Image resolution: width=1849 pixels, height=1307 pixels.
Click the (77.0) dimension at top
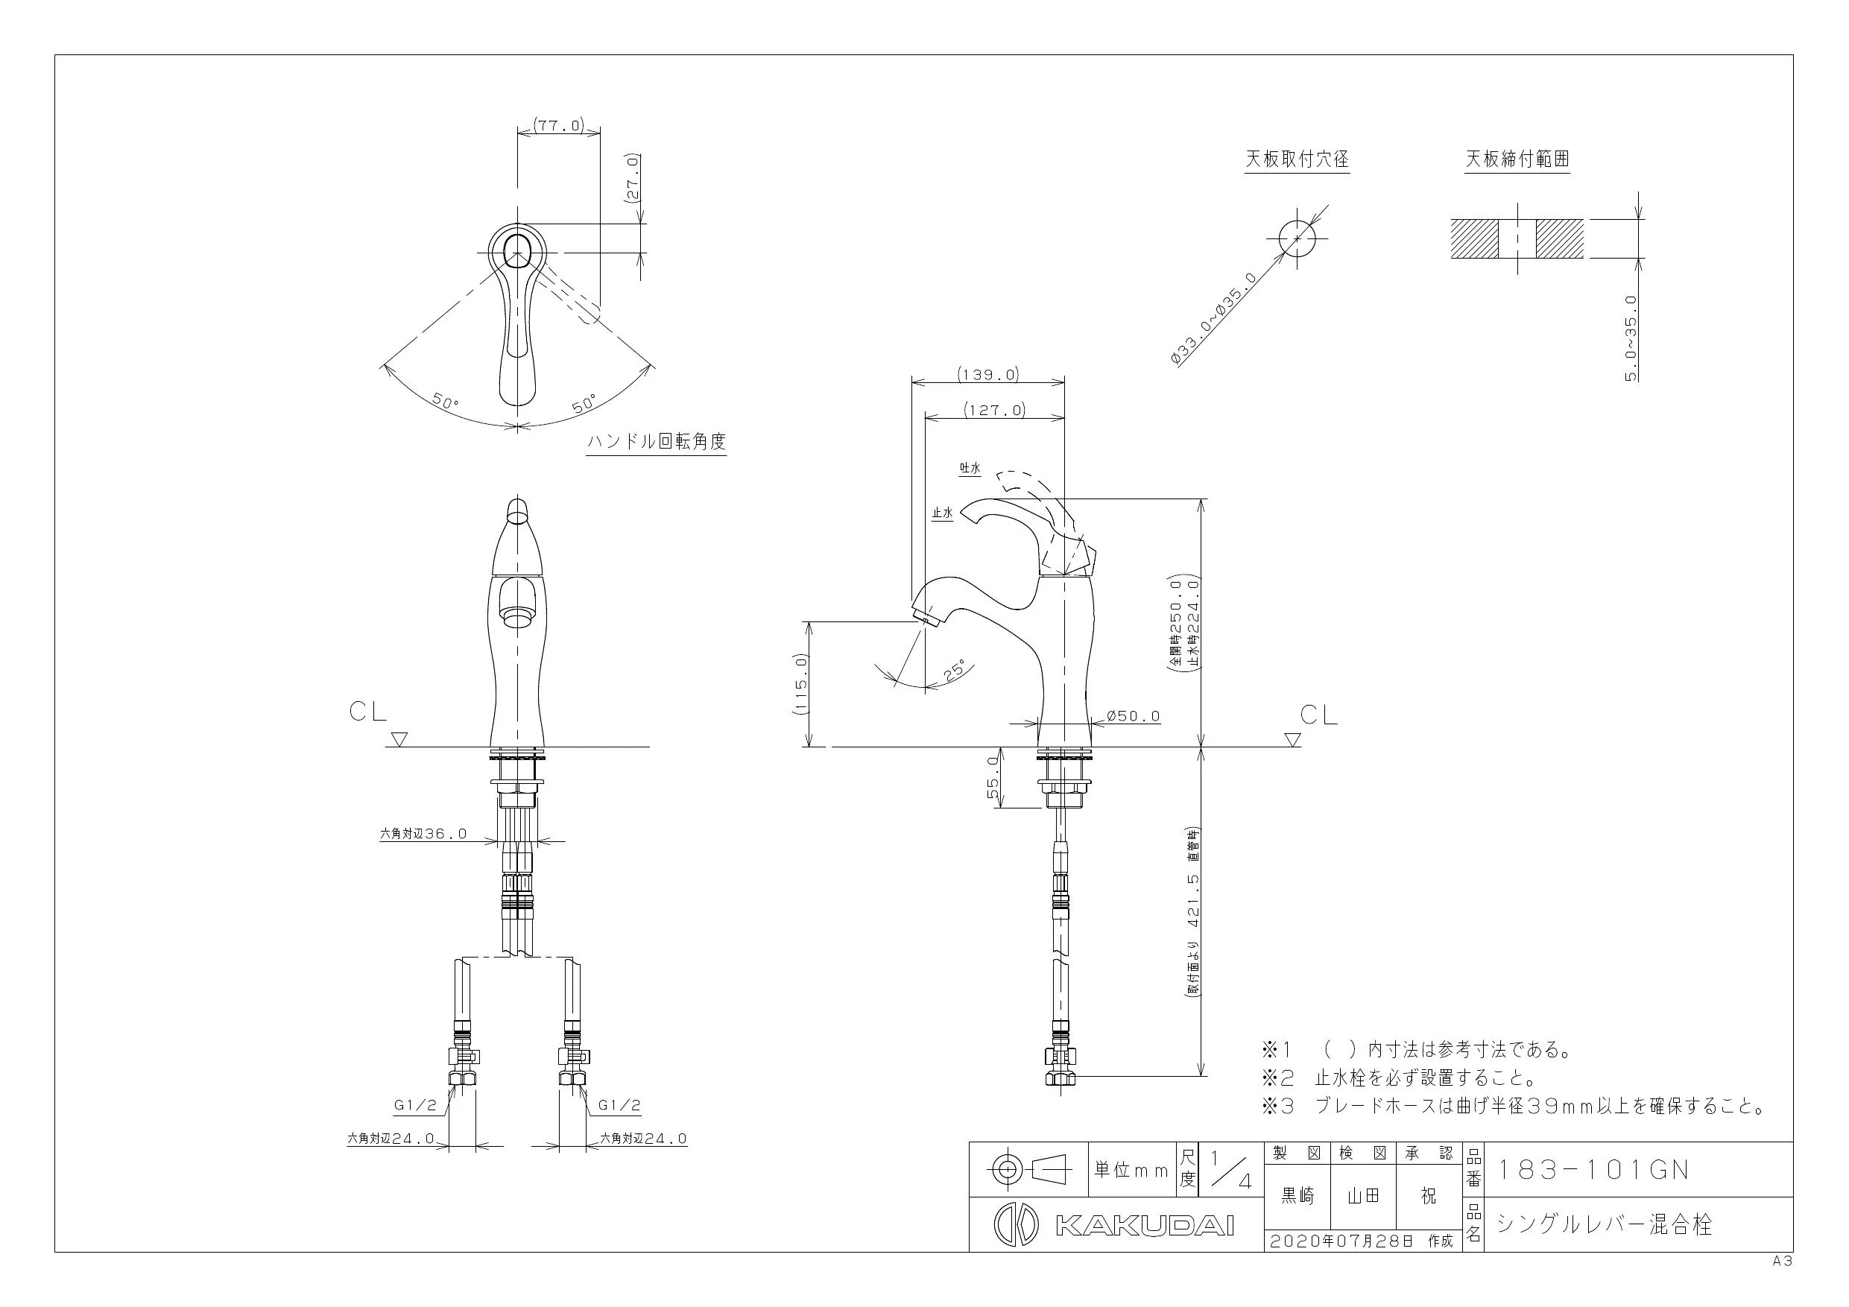click(x=558, y=125)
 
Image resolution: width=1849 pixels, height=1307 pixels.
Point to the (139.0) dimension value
click(x=988, y=375)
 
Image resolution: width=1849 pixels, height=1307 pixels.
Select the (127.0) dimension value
click(x=995, y=410)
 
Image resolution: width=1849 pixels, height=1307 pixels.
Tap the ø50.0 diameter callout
click(x=1133, y=715)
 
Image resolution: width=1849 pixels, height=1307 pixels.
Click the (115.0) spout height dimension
click(x=800, y=684)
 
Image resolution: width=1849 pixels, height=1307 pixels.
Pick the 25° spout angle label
click(x=958, y=671)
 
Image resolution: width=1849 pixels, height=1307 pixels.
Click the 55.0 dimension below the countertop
click(x=992, y=778)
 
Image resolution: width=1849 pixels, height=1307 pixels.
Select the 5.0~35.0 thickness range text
click(x=1631, y=338)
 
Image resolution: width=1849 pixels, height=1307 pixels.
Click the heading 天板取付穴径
click(x=1297, y=159)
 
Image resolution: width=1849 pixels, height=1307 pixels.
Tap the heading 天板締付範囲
click(x=1517, y=159)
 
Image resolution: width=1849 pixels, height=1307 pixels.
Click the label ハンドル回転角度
click(x=657, y=441)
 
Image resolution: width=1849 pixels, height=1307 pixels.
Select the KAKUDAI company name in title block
click(x=1144, y=1226)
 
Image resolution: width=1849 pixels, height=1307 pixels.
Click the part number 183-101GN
click(x=1592, y=1169)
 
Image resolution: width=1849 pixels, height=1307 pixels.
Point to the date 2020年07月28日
click(x=1341, y=1241)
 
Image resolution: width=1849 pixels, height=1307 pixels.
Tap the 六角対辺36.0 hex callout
click(x=423, y=834)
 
